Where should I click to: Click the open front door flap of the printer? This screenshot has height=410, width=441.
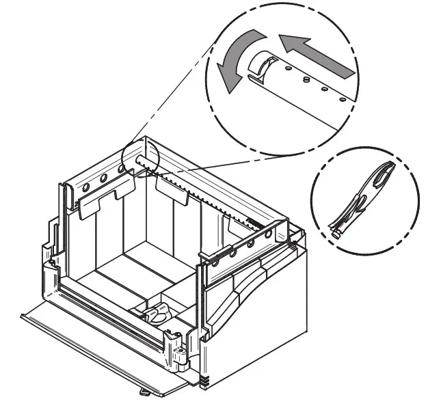click(103, 348)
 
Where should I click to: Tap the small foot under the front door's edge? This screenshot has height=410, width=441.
click(145, 392)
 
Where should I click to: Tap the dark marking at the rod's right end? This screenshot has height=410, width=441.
click(253, 220)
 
